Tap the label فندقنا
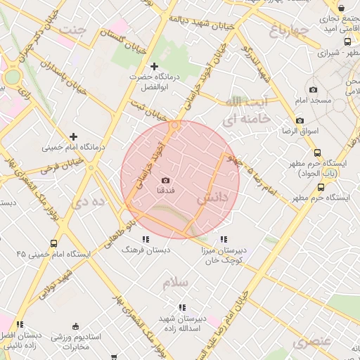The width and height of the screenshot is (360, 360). point(175,191)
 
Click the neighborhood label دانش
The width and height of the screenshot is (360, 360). point(212,199)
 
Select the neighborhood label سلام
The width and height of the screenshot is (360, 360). point(176,283)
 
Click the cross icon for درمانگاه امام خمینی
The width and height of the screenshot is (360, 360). point(73,136)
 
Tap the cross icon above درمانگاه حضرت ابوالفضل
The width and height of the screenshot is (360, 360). point(155,66)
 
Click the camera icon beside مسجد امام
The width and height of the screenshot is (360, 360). point(313,90)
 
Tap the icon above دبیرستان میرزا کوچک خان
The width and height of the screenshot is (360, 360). point(224,239)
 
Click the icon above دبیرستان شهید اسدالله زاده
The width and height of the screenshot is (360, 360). point(182,307)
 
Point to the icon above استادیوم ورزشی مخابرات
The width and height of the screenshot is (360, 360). point(75,326)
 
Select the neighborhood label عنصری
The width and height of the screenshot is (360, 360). point(311,342)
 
